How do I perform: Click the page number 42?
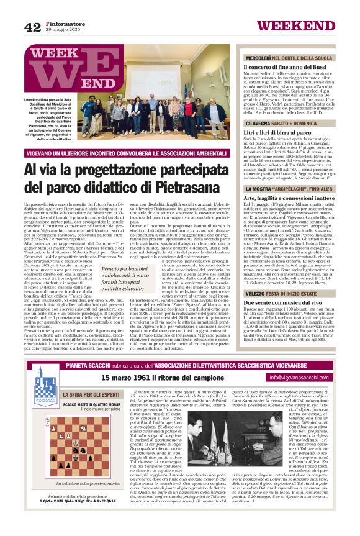coord(32,27)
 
